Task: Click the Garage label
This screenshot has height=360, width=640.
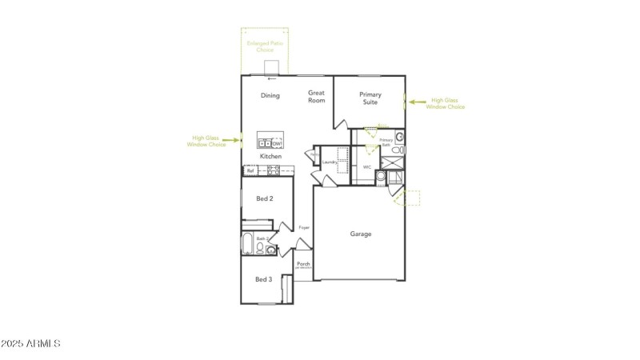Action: coord(361,234)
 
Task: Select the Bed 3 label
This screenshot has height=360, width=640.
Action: coord(264,279)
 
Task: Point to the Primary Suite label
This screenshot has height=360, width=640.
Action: coord(370,98)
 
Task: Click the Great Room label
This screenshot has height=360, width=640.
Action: coord(317,97)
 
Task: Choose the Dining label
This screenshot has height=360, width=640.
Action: coord(270,96)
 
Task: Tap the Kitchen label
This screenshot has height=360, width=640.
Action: coord(270,156)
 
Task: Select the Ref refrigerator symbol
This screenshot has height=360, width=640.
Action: coord(250,170)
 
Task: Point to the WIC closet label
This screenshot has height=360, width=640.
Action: coord(366,167)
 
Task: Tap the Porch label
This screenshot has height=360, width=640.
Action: coord(303,264)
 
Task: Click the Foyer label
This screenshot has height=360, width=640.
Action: coord(304,228)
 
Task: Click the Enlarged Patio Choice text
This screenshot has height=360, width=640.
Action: coord(265,46)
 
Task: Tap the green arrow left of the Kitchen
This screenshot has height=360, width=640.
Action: coord(232,140)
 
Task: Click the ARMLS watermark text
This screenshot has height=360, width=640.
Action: coord(31,344)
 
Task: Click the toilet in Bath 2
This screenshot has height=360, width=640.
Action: coord(272,250)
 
